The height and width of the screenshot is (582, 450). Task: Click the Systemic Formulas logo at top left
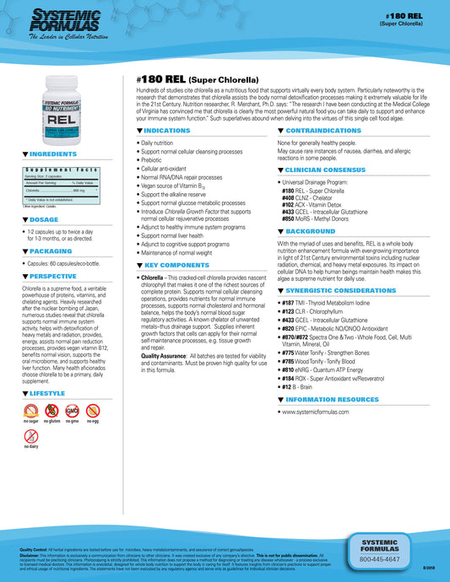pyautogui.click(x=58, y=24)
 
